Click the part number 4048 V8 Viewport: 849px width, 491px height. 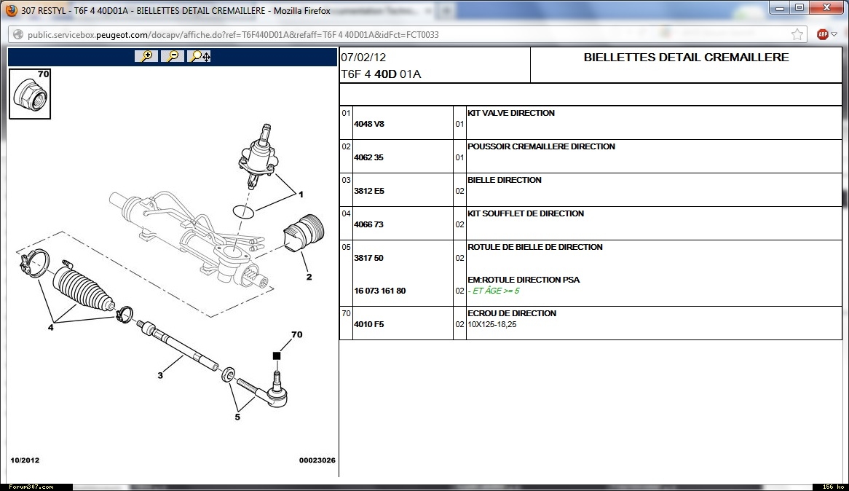(368, 124)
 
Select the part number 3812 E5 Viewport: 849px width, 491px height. (368, 192)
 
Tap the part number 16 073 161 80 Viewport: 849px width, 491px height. (379, 291)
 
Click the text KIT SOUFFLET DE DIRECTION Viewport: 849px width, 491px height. (526, 213)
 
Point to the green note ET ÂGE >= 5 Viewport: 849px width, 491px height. (496, 291)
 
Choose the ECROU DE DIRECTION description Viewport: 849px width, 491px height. (512, 313)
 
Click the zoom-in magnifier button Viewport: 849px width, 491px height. (146, 56)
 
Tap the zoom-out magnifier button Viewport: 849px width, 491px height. (172, 56)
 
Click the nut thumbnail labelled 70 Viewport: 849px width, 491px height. (30, 94)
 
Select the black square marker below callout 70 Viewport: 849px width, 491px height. (277, 356)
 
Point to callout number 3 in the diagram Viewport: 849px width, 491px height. (160, 375)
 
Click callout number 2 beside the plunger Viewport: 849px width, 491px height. (309, 277)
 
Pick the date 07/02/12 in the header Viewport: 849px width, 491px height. (363, 58)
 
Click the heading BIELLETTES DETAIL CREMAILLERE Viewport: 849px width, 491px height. (686, 58)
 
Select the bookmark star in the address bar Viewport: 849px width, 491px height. (797, 35)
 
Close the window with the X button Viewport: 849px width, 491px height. (826, 7)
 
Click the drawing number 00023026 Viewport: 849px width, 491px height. (317, 460)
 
